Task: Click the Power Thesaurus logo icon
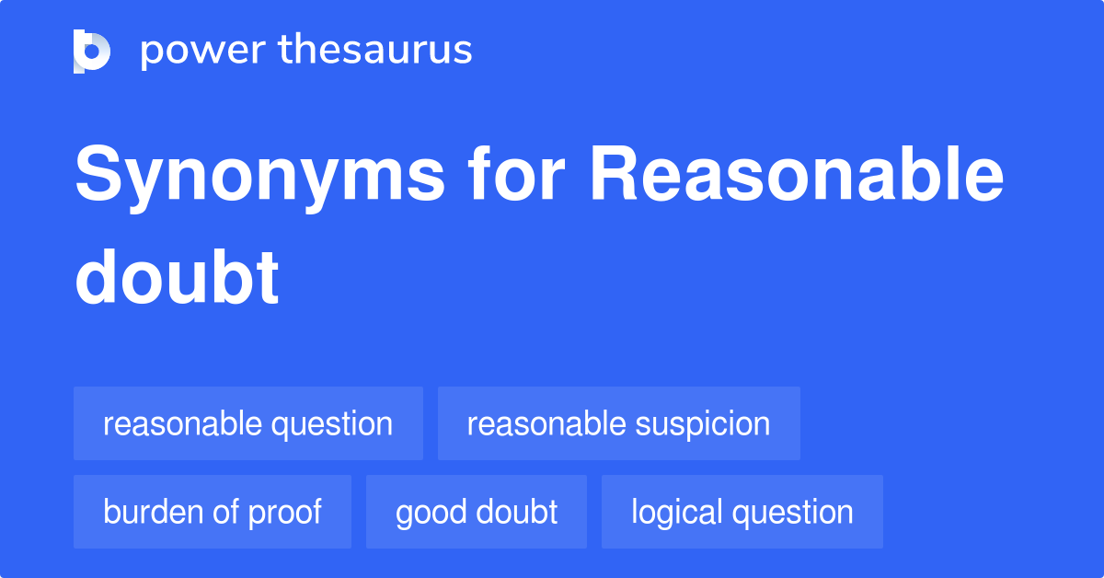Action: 92,51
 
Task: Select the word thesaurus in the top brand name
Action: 375,51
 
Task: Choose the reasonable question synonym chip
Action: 248,423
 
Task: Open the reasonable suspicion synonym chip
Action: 618,423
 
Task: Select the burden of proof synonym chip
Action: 213,512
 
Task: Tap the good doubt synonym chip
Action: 477,512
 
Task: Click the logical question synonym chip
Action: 742,512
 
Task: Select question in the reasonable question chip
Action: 333,423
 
